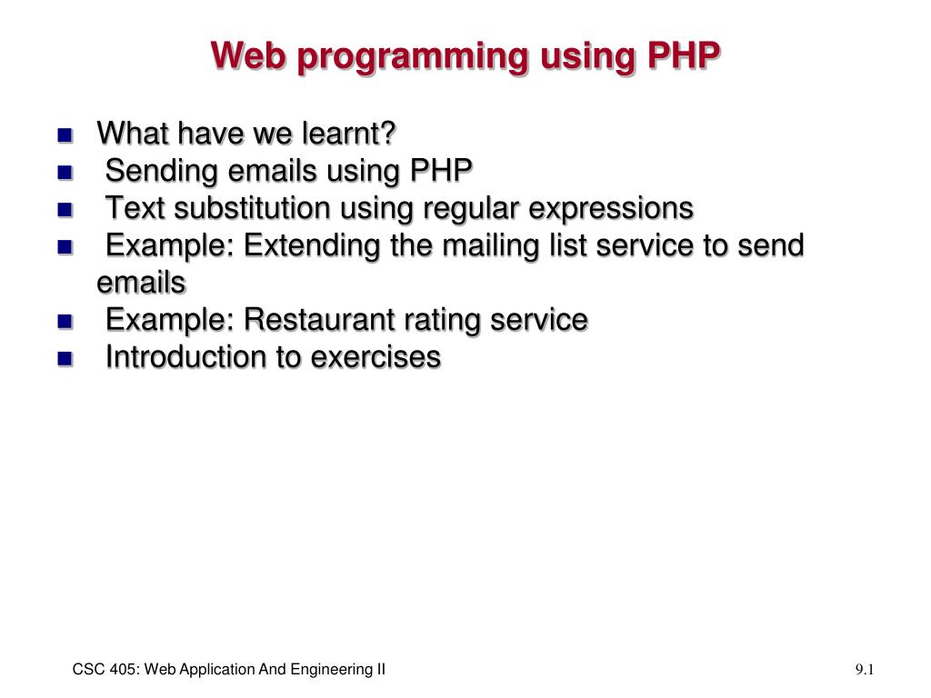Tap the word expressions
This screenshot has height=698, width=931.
tap(611, 208)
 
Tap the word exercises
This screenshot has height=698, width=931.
tap(375, 357)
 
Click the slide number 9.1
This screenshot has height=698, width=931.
tap(864, 670)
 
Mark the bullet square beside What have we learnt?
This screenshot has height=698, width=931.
tap(64, 135)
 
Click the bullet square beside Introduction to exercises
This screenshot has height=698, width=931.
tap(64, 359)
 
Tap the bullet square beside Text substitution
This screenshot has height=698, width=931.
tap(64, 210)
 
